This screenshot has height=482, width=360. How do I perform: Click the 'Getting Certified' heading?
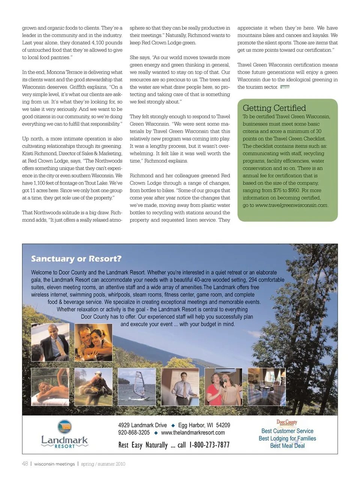(274, 108)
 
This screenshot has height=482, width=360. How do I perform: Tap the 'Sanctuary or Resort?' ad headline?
(76, 259)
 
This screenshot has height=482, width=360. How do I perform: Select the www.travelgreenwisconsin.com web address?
(291, 205)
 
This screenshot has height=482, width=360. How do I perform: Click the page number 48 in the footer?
(25, 464)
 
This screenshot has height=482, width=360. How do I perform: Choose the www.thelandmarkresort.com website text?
(193, 432)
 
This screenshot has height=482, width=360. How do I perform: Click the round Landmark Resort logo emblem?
(64, 427)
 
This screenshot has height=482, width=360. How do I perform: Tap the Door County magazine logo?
(287, 423)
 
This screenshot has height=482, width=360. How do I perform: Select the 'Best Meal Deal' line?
(287, 446)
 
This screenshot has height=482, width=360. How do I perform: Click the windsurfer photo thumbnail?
(136, 386)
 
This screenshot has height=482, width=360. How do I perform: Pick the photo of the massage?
(50, 386)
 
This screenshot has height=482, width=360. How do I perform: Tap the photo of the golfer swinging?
(93, 386)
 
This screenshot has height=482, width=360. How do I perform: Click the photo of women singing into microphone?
(223, 386)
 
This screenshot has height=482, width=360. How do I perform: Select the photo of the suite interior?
(267, 386)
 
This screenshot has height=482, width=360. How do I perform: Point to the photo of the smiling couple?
(93, 342)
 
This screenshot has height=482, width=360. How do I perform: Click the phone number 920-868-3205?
(134, 432)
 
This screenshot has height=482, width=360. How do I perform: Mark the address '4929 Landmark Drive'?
(142, 425)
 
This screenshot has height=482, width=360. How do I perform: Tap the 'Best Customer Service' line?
(287, 431)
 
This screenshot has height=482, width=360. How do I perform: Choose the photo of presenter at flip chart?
(180, 386)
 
